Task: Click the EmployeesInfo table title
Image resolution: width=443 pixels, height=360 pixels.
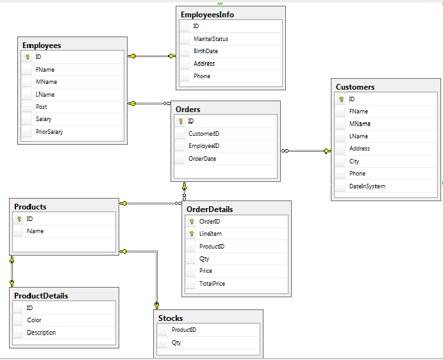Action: tap(207, 15)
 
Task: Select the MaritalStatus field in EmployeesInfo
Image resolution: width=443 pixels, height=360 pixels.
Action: tap(211, 39)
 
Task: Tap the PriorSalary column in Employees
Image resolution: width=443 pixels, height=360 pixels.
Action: tap(49, 132)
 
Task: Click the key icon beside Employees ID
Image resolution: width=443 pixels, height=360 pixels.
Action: tap(28, 57)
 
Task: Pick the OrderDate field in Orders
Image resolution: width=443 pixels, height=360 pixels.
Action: tap(202, 159)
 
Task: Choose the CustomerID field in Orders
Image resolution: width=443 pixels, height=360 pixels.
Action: tap(204, 134)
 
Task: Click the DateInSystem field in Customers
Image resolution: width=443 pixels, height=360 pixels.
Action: tap(367, 186)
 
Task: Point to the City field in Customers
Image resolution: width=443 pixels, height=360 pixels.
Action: tap(354, 161)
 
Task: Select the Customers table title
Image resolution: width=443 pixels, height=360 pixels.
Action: tap(355, 87)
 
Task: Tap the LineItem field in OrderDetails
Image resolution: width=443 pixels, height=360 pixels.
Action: tap(210, 234)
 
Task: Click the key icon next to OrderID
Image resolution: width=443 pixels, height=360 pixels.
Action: tap(192, 222)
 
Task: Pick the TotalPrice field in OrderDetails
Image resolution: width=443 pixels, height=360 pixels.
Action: tap(212, 284)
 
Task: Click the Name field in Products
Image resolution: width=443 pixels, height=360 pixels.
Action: tap(35, 231)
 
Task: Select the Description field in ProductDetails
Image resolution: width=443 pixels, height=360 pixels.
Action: tap(41, 332)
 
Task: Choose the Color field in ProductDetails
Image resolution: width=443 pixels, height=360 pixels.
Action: tap(34, 320)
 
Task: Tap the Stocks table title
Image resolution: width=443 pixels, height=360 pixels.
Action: tap(171, 318)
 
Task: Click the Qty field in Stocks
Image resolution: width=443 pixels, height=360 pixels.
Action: tap(176, 343)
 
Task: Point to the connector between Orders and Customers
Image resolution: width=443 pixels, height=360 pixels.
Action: tap(306, 151)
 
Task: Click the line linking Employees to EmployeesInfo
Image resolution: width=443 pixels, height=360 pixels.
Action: tap(152, 56)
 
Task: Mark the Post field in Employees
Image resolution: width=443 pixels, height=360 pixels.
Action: tap(41, 107)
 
